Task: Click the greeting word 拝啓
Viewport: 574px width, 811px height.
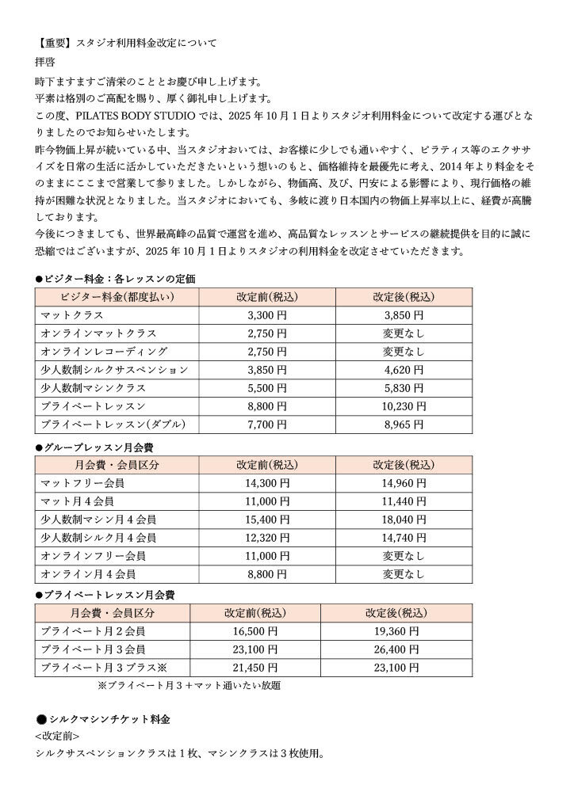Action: (x=44, y=61)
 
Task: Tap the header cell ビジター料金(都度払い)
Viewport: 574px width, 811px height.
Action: (x=117, y=297)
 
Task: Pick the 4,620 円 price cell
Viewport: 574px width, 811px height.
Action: (x=404, y=370)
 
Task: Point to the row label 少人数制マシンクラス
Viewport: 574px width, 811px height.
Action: (x=94, y=388)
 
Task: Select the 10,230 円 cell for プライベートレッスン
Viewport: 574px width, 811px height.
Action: (x=404, y=406)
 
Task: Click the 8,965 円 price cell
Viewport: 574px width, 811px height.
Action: (x=404, y=425)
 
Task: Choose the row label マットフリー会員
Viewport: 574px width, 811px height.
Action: (x=82, y=483)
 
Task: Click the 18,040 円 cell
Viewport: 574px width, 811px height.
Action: (x=404, y=520)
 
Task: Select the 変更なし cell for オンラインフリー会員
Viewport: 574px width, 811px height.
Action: (x=404, y=556)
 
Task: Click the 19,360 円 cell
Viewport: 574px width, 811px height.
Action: (x=392, y=632)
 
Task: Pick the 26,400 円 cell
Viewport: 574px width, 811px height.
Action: (x=392, y=650)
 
